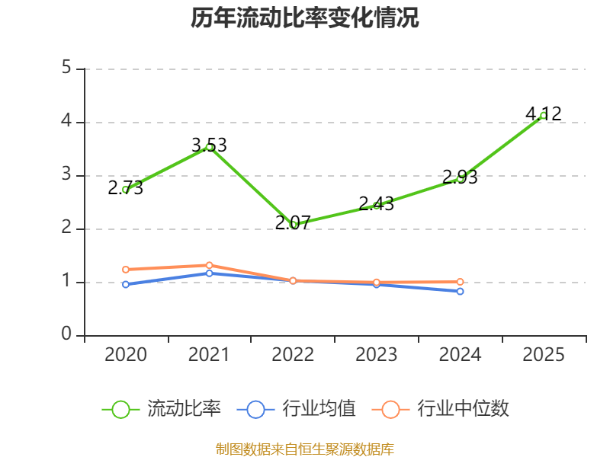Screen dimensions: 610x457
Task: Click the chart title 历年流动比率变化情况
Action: coord(304,18)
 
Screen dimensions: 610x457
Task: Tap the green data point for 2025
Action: coord(544,116)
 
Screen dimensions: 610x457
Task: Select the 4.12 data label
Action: coord(544,113)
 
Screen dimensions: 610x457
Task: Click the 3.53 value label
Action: coord(209,145)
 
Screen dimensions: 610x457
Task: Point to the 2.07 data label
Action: coord(293,222)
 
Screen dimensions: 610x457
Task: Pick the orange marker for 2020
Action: coord(126,270)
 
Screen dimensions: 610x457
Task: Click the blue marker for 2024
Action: coord(460,292)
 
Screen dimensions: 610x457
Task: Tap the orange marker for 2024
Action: coord(460,282)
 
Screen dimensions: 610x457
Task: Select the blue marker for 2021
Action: coord(209,273)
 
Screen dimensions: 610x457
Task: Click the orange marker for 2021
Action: coord(209,265)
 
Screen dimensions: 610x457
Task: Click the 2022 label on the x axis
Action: coord(293,354)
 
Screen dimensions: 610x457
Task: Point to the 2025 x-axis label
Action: coord(544,354)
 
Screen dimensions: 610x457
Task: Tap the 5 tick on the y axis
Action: coord(66,68)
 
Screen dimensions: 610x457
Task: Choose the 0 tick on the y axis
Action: coord(66,334)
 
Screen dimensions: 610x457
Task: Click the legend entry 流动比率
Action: coord(161,409)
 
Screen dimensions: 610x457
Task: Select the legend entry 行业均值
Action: coord(296,409)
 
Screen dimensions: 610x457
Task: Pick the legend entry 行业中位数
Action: coord(441,409)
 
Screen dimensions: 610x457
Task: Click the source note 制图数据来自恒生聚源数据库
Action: coord(304,449)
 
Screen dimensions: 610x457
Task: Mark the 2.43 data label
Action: coord(376,203)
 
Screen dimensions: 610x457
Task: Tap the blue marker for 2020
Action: coord(126,284)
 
